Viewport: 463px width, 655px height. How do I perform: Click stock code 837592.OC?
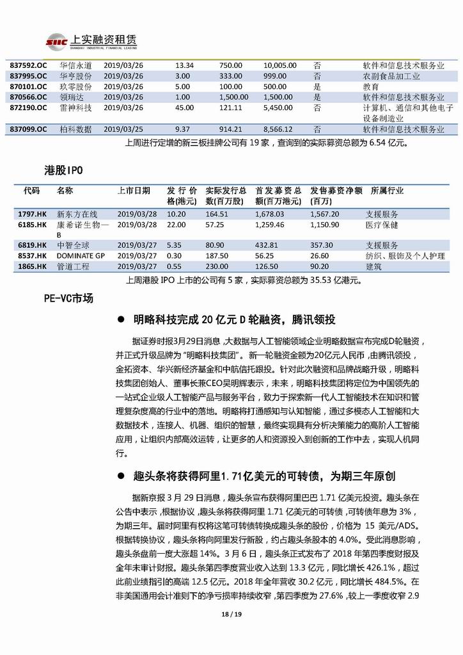[x=29, y=65]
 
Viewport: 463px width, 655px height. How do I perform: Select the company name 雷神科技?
[x=75, y=108]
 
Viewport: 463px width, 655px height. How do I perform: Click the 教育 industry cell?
[x=370, y=86]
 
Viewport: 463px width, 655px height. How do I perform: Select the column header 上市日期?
[x=134, y=191]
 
